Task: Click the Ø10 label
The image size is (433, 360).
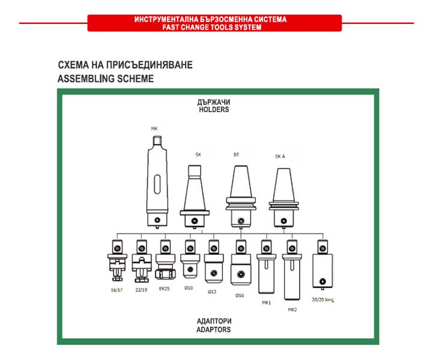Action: click(189, 288)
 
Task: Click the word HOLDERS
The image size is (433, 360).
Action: click(214, 110)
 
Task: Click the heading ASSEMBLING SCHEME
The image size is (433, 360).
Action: click(106, 79)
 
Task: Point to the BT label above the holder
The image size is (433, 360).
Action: click(236, 154)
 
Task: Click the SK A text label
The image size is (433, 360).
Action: click(280, 156)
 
